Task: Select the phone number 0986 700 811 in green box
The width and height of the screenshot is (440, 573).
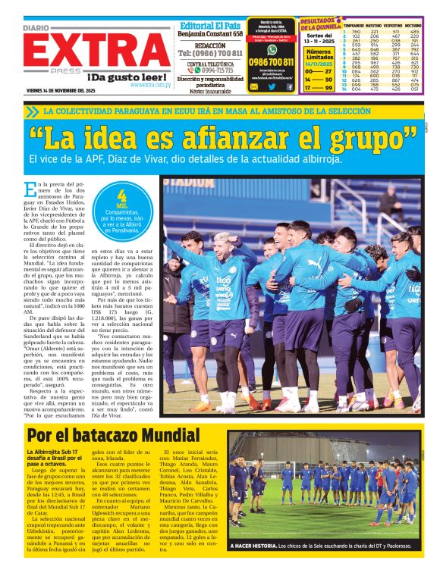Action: (271, 62)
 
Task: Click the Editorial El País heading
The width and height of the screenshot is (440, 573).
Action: (210, 24)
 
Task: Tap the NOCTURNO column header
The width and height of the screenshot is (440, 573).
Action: (413, 26)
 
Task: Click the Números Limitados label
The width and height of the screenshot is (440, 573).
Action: (319, 55)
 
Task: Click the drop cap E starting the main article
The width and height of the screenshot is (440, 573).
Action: (30, 189)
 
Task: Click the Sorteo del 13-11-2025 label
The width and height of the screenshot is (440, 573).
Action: (319, 39)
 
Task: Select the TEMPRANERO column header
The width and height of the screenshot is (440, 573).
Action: (352, 26)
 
